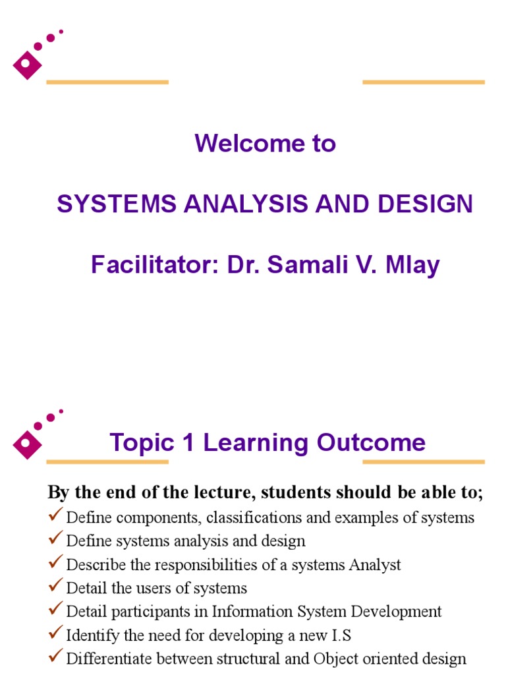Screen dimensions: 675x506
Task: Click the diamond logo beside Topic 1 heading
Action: tap(27, 444)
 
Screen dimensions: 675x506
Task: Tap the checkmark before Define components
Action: tap(56, 515)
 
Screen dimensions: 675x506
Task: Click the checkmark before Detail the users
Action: tap(56, 586)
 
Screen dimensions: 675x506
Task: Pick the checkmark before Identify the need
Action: tap(56, 633)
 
